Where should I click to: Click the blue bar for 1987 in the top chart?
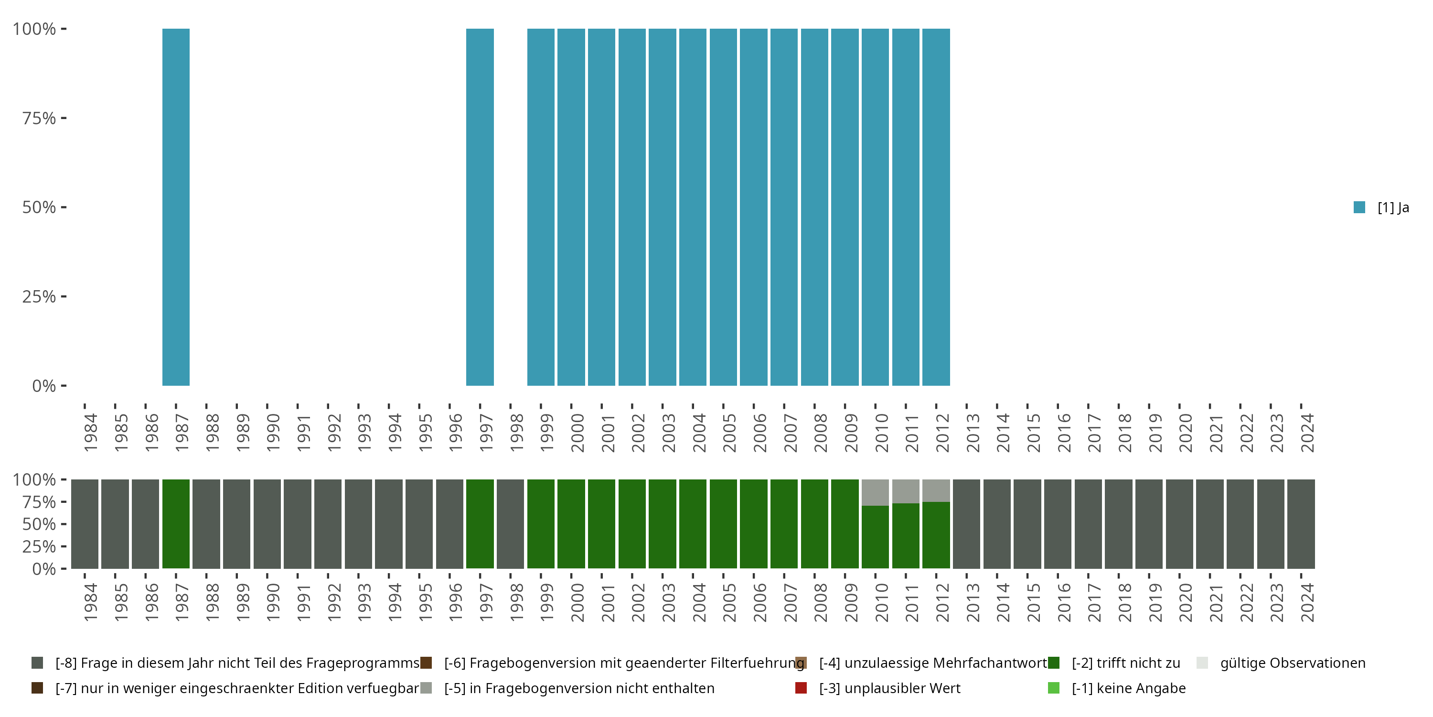(176, 207)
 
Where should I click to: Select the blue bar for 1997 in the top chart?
(480, 207)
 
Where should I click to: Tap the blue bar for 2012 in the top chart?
(936, 207)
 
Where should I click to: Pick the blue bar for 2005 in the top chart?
(723, 207)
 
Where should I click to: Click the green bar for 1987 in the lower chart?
(176, 524)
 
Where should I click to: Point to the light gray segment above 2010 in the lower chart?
(875, 492)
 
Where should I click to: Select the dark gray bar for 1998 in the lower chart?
(510, 524)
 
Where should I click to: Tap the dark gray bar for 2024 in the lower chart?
(1301, 524)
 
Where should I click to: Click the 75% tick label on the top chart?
(39, 118)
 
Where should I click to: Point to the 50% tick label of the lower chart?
(39, 524)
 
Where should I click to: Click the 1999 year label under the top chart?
(546, 433)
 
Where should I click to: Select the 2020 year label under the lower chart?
(1185, 602)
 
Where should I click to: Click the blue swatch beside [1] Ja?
(1359, 207)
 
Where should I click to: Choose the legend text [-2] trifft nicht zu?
(1125, 663)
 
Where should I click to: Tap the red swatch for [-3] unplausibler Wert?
(801, 688)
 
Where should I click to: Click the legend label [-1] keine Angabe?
(1128, 688)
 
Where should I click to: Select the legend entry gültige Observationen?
(1292, 663)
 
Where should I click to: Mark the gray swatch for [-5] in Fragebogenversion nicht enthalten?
(426, 688)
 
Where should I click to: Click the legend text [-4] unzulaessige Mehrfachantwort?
(932, 663)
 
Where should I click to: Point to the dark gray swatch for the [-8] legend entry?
(37, 663)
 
